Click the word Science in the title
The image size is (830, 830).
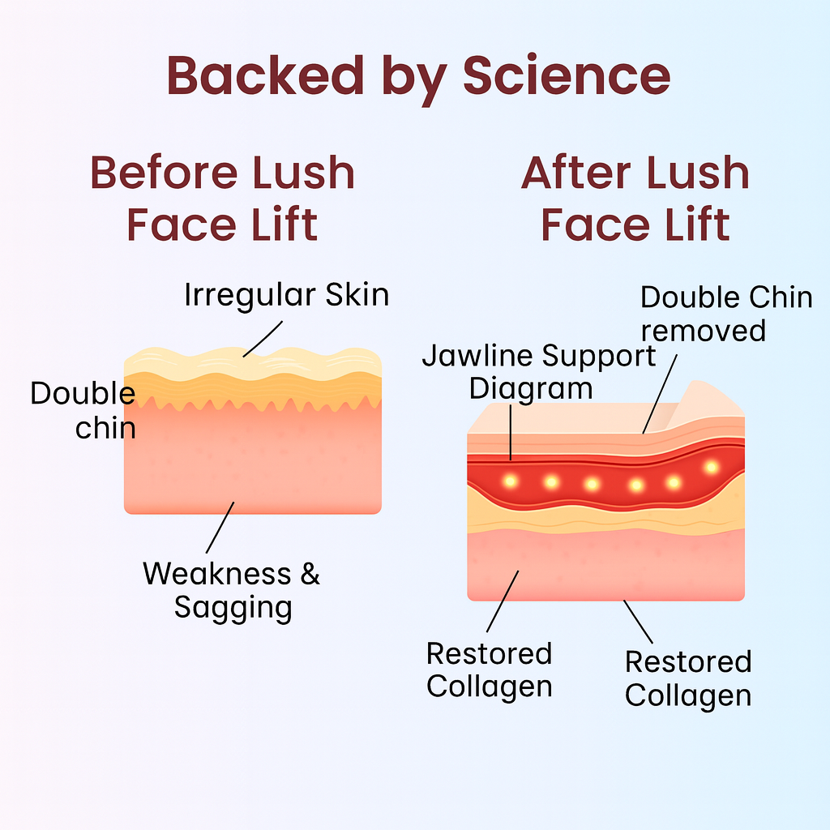(x=567, y=75)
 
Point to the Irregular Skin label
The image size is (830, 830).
(x=286, y=294)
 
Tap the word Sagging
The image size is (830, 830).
(x=233, y=607)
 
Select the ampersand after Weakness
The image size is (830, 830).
(x=310, y=574)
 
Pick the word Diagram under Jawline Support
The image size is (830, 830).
(x=531, y=388)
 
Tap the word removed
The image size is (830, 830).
(x=703, y=331)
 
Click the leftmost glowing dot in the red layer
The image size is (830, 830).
(x=510, y=481)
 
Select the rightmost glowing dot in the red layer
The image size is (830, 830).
(x=712, y=467)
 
